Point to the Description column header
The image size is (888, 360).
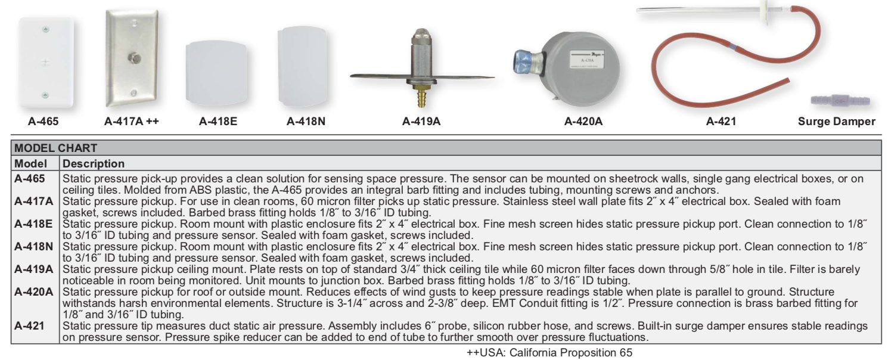93,163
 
